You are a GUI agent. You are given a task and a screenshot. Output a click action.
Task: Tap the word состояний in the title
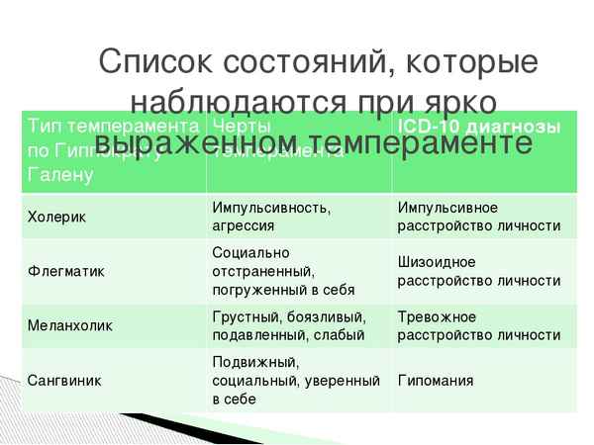click(x=302, y=66)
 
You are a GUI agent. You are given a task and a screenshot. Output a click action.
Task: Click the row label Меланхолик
click(x=70, y=325)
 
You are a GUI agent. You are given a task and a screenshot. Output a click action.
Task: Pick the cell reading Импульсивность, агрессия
click(x=272, y=217)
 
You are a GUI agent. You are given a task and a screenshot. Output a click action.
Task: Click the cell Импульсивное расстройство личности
click(x=479, y=217)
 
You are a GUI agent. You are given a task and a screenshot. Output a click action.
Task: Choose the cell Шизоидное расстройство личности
click(x=479, y=271)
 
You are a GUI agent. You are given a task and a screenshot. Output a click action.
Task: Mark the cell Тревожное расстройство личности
click(x=479, y=325)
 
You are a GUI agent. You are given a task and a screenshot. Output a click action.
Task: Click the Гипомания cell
click(x=436, y=380)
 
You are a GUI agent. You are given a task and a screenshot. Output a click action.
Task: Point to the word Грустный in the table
click(x=245, y=316)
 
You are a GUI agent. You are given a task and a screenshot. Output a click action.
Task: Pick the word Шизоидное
click(x=437, y=262)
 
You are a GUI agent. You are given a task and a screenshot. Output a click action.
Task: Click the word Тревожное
click(x=437, y=316)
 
